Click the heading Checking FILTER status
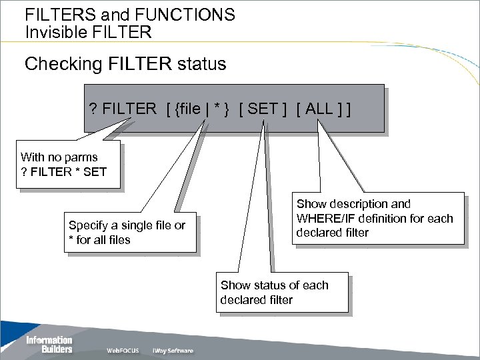pos(125,65)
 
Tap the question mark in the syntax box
pos(93,109)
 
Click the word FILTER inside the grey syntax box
pos(129,109)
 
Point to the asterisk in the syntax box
pos(217,109)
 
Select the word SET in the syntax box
pos(262,109)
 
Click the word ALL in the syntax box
pos(321,109)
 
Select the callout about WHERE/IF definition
pos(374,218)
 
